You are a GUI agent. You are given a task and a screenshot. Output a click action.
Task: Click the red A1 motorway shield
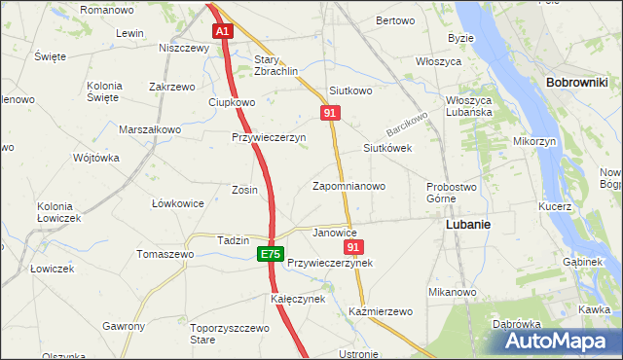223,31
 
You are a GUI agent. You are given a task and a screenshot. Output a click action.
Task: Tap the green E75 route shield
271,254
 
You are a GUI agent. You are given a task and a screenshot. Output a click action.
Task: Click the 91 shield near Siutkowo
330,114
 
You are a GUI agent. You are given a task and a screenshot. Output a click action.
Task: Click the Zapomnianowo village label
348,185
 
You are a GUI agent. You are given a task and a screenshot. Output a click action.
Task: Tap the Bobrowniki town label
577,84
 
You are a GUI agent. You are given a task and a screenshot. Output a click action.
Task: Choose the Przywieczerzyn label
269,137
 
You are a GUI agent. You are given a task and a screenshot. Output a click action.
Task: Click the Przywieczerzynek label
330,263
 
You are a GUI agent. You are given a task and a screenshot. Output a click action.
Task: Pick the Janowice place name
335,234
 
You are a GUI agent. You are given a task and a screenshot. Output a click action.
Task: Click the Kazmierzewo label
381,311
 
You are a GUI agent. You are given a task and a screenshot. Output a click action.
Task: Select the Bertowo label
395,20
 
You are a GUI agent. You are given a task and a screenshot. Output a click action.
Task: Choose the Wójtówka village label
96,158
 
